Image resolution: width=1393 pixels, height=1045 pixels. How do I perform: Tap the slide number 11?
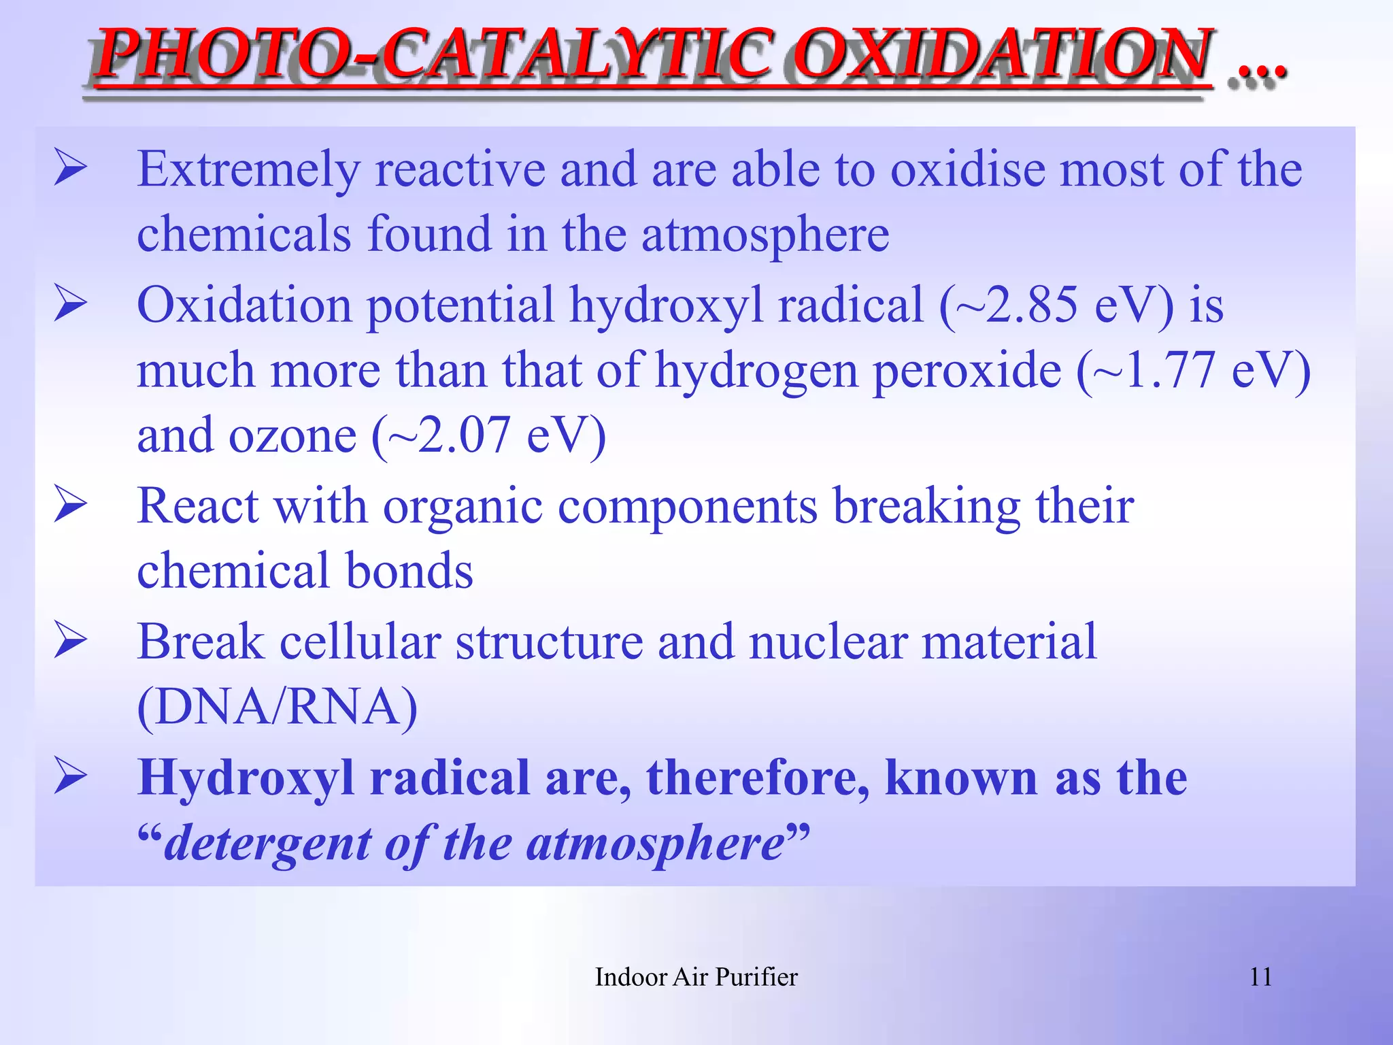point(1260,977)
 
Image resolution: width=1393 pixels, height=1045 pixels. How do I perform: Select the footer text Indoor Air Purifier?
point(696,977)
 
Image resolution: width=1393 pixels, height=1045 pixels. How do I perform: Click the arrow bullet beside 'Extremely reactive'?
point(71,168)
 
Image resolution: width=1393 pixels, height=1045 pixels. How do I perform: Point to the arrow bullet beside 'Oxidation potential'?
point(71,303)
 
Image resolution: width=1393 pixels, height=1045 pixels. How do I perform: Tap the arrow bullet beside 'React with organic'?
point(71,505)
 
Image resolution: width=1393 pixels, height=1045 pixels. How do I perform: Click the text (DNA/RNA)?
point(277,707)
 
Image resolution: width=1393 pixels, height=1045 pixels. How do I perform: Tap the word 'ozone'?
point(292,437)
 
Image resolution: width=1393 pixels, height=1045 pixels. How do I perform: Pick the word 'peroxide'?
point(967,371)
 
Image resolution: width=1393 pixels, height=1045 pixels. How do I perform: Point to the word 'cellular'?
point(360,642)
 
